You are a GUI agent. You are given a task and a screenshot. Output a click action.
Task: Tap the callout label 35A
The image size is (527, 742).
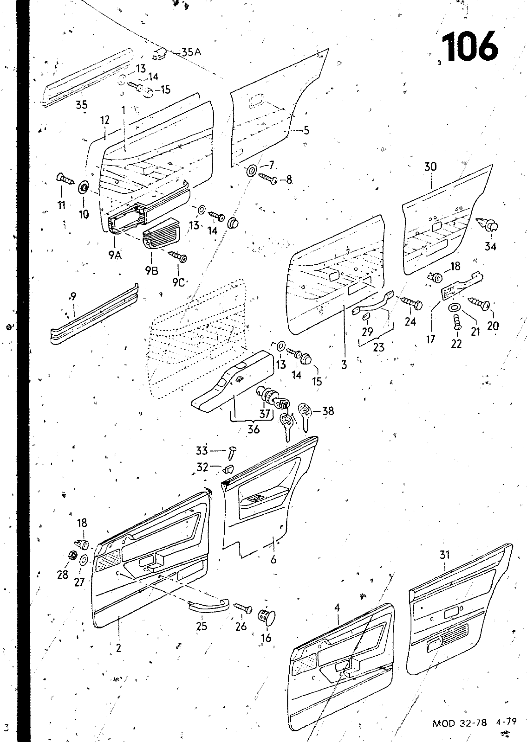191,52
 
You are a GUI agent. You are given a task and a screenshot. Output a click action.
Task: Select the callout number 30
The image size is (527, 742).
430,166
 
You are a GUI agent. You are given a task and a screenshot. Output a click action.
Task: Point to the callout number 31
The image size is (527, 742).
444,554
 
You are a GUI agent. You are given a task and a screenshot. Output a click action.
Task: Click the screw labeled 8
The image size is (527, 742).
268,178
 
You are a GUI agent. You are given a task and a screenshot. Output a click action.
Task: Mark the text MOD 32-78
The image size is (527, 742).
460,722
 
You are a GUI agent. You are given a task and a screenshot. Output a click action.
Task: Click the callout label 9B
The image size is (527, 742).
151,270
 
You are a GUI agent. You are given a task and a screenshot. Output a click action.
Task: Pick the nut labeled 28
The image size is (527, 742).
72,555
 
